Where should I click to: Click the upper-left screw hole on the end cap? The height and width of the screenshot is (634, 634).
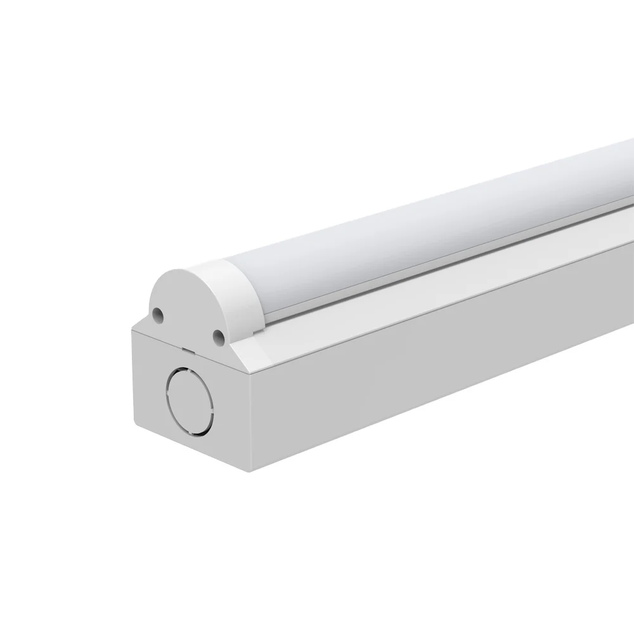[158, 313]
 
